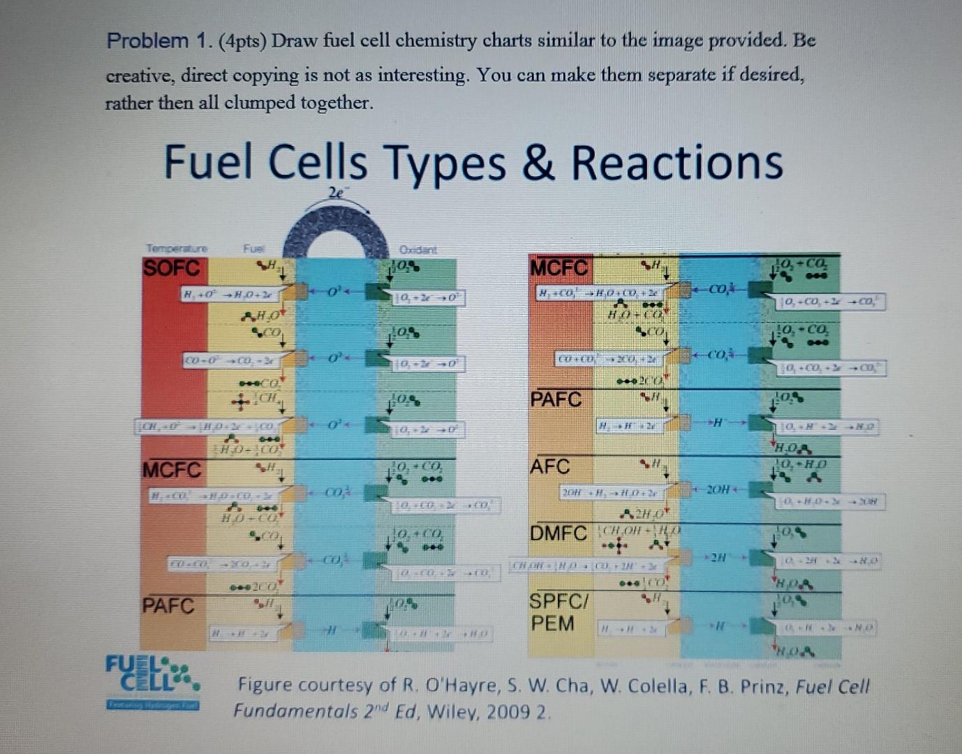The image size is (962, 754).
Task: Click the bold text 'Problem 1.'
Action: [157, 41]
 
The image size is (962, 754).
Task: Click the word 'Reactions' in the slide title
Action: [676, 163]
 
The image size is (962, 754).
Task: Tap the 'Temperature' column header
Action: [177, 248]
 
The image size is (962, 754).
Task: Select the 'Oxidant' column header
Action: [417, 250]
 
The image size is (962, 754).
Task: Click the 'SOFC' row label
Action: [172, 268]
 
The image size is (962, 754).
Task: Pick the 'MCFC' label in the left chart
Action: [172, 470]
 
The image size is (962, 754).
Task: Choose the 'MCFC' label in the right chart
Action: [559, 268]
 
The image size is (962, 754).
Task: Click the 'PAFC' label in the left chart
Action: [168, 605]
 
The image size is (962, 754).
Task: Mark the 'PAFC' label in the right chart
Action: [556, 399]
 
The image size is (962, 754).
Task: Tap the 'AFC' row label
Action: [550, 466]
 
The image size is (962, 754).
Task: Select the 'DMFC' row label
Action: [558, 534]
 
